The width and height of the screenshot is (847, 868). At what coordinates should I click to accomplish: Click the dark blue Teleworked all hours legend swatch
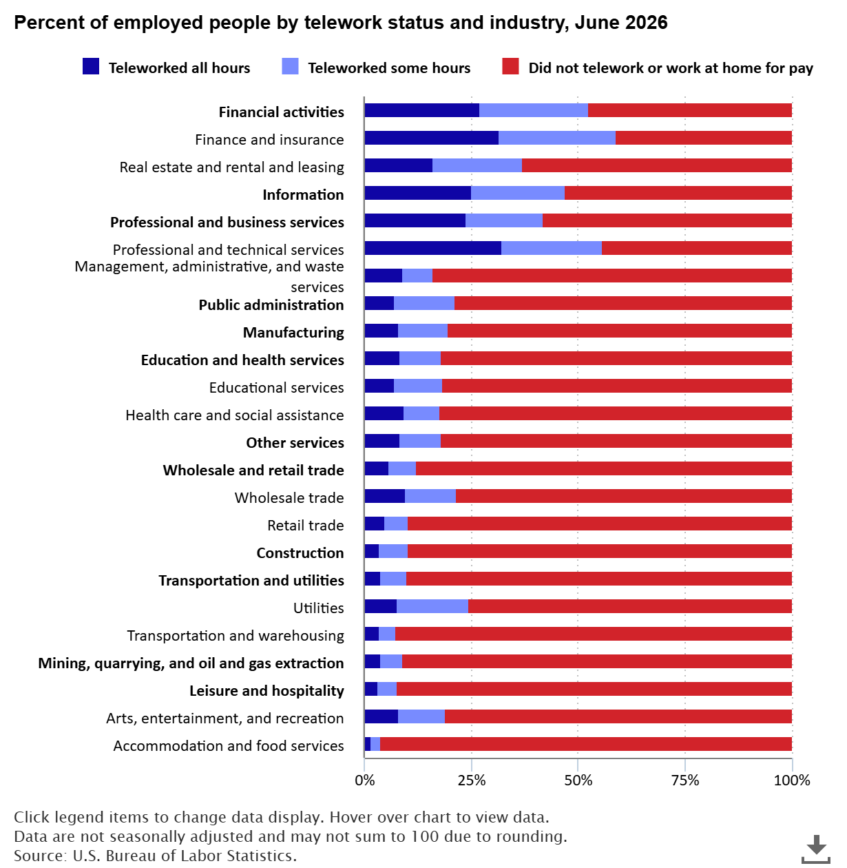(90, 66)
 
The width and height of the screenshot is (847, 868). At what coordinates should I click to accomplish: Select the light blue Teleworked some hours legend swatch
(290, 66)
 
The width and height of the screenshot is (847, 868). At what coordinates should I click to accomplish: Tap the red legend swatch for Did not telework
(510, 66)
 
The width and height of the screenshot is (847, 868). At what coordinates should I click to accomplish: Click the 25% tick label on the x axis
(472, 780)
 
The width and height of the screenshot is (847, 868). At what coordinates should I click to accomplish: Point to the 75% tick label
(685, 780)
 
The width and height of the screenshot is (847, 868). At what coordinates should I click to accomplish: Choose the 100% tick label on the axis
(792, 780)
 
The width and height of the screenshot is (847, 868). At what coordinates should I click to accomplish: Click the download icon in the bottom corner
(816, 849)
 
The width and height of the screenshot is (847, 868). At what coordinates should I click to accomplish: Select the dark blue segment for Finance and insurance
(432, 138)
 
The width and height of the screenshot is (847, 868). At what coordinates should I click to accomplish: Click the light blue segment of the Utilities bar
(432, 606)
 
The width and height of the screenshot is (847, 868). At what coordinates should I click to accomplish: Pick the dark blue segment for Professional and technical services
(433, 248)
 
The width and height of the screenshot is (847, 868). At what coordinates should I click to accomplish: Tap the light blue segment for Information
(518, 193)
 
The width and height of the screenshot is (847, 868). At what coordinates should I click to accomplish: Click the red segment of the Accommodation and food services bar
(586, 744)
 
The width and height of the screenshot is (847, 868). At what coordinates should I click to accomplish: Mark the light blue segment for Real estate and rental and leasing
(477, 165)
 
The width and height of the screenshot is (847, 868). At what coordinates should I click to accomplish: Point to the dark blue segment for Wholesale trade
(385, 496)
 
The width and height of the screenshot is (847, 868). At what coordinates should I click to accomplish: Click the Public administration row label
(271, 305)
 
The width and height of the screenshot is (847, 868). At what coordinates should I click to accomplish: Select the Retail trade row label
(305, 526)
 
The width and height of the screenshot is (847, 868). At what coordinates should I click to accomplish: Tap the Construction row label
(300, 553)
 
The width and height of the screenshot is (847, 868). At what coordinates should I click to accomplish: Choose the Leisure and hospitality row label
(266, 691)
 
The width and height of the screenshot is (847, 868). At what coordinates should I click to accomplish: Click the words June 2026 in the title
(621, 22)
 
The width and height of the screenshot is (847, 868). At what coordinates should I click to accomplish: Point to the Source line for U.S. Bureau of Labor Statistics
(155, 856)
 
